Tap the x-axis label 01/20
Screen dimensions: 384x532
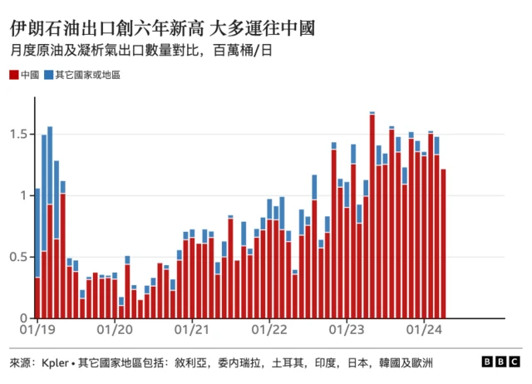(115, 331)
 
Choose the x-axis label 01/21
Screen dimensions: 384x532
(192, 331)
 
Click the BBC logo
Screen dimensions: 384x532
(501, 363)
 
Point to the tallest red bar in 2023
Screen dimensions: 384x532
(372, 216)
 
